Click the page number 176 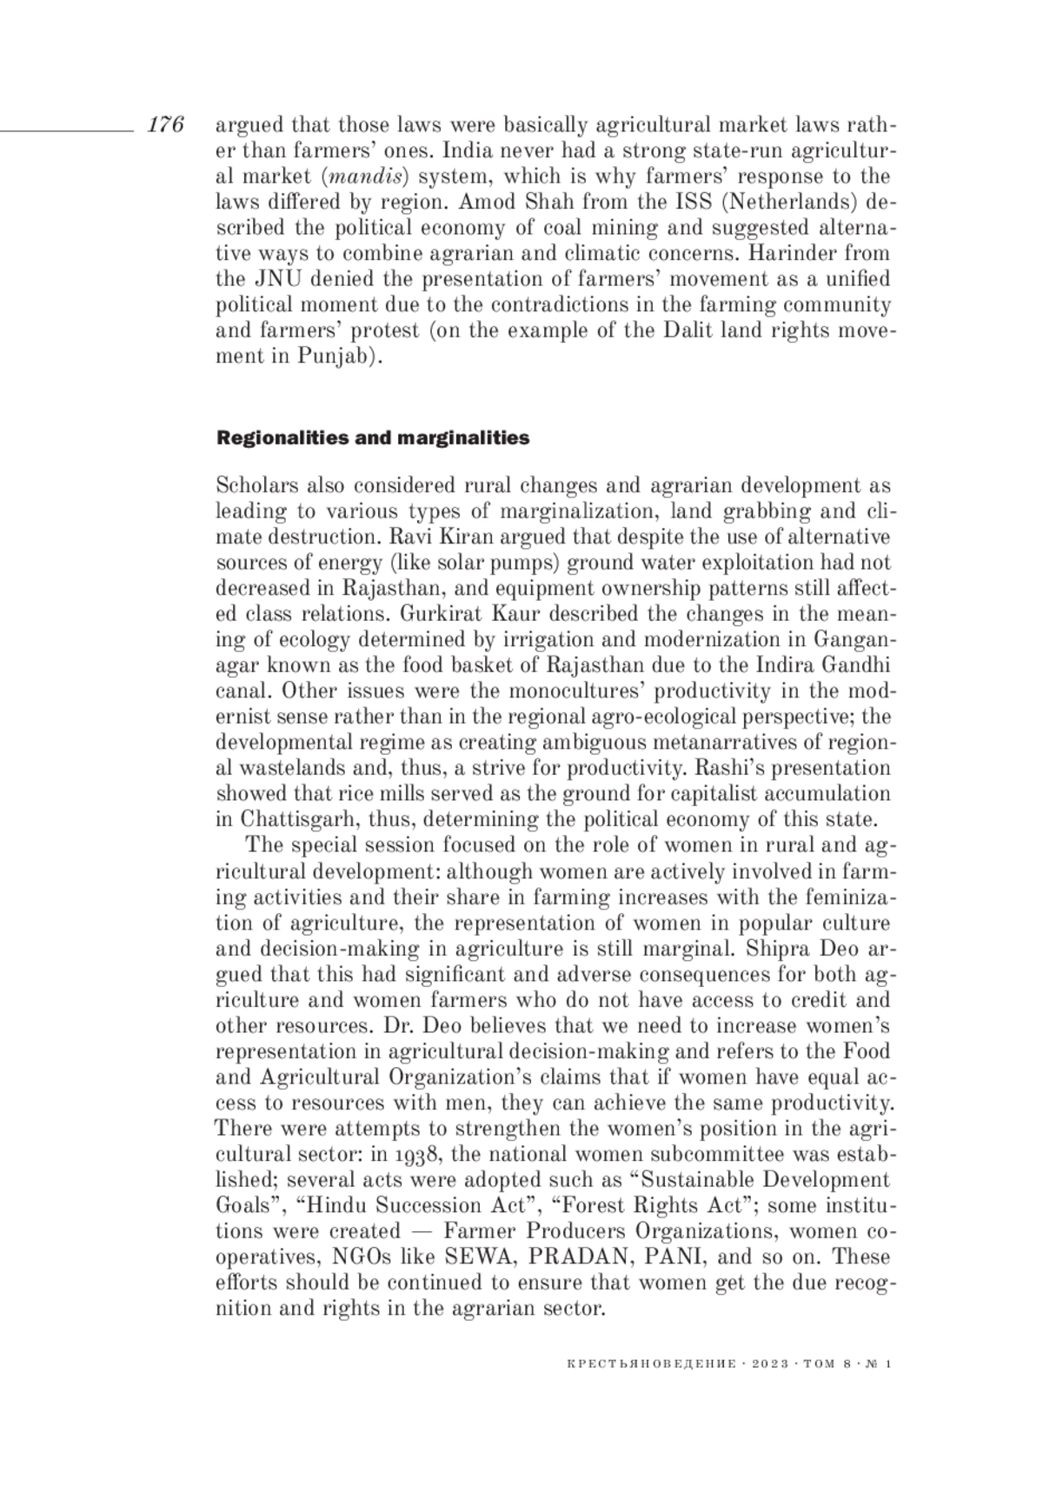[x=165, y=125]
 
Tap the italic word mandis [x=366, y=177]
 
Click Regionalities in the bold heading [x=282, y=438]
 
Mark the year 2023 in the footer [x=767, y=1364]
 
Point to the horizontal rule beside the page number [x=65, y=130]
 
